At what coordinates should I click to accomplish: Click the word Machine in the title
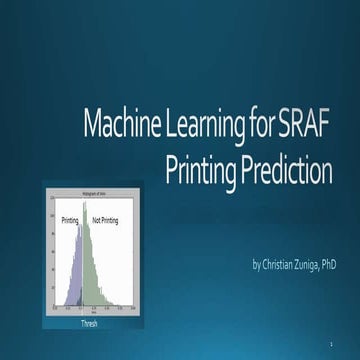coord(145,127)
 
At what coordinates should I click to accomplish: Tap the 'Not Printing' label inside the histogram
coord(104,218)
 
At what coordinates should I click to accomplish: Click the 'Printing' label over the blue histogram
coord(70,218)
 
